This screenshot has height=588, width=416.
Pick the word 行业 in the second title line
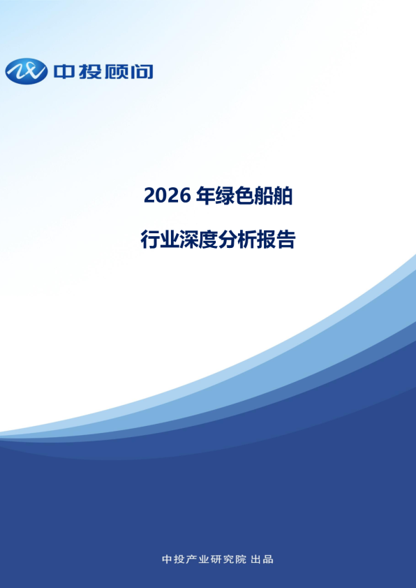[x=160, y=240]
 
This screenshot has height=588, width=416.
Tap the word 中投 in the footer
[x=171, y=559]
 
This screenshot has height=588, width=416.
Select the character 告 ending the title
[x=287, y=240]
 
